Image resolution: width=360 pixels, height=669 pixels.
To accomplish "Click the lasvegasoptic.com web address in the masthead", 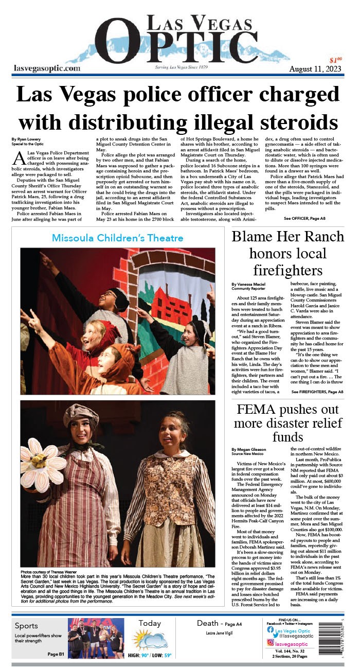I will pos(47,68).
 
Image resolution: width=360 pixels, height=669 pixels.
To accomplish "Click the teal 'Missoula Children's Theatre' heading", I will pos(117,238).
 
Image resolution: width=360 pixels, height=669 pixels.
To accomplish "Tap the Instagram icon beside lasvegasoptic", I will pos(270,643).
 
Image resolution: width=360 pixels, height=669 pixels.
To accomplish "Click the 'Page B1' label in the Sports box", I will pos(56,654).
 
